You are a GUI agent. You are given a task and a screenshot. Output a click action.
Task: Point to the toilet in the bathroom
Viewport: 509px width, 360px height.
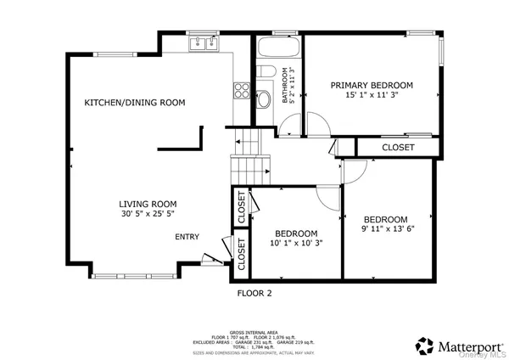tap(264, 71)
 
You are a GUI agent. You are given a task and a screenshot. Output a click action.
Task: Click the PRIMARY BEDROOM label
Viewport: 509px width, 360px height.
tap(372, 85)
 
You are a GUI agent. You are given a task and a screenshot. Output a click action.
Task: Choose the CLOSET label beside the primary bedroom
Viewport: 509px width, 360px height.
tap(398, 148)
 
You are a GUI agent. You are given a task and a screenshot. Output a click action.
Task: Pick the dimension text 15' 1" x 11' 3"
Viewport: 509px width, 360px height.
tap(372, 96)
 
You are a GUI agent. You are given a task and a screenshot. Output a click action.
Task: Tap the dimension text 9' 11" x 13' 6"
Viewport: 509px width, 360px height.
tap(385, 228)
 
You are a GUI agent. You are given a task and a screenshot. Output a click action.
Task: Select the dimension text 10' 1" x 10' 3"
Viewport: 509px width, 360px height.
tap(295, 244)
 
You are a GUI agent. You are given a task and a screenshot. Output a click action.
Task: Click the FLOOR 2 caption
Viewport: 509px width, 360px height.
tap(254, 293)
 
